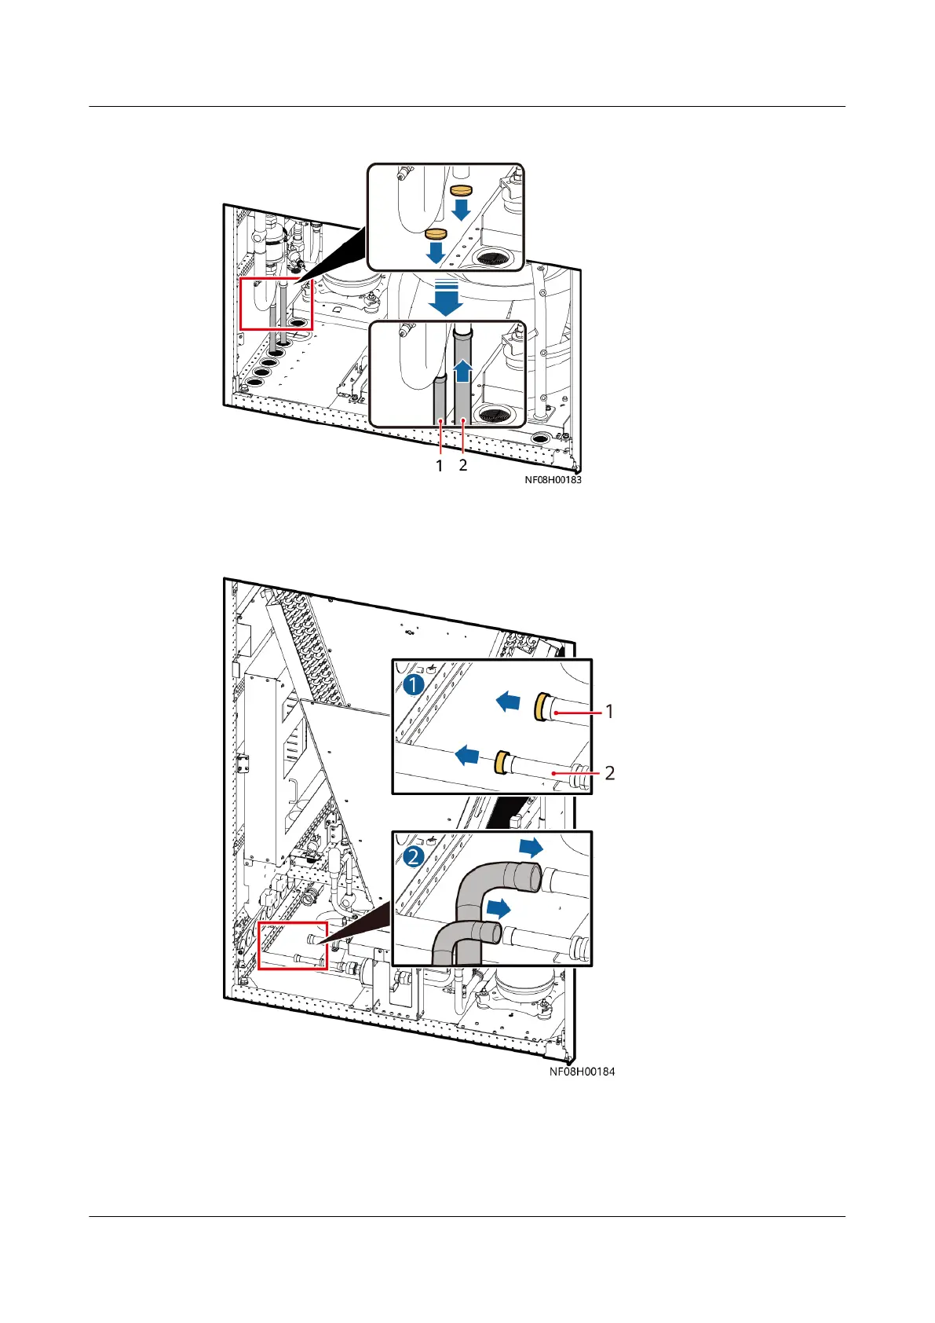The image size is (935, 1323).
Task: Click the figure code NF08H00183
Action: pyautogui.click(x=553, y=479)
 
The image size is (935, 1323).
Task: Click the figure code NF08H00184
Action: pyautogui.click(x=582, y=1071)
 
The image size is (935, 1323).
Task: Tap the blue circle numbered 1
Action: pyautogui.click(x=414, y=684)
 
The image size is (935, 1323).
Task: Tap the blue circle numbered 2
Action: pyautogui.click(x=414, y=856)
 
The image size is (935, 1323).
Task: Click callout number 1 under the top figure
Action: pyautogui.click(x=440, y=465)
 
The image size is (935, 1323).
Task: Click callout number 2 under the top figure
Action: pyautogui.click(x=463, y=465)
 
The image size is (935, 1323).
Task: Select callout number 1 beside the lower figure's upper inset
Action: pyautogui.click(x=609, y=712)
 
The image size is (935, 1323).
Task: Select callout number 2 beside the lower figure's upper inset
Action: pyautogui.click(x=609, y=773)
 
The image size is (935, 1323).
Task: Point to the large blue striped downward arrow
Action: pyautogui.click(x=446, y=297)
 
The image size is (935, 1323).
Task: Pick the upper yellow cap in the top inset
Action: pyautogui.click(x=460, y=191)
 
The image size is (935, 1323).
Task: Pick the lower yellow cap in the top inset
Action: pyautogui.click(x=435, y=233)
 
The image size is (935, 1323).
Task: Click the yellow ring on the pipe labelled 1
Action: pyautogui.click(x=540, y=707)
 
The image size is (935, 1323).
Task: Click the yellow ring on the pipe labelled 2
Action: pyautogui.click(x=499, y=762)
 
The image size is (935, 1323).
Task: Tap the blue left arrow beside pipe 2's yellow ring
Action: pyautogui.click(x=467, y=756)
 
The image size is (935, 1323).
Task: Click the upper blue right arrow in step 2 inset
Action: pyautogui.click(x=531, y=847)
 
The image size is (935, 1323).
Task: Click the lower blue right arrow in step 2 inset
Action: pyautogui.click(x=499, y=909)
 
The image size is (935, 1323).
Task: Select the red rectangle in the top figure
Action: pyautogui.click(x=276, y=303)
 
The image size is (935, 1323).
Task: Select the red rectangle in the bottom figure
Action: pyautogui.click(x=292, y=946)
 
